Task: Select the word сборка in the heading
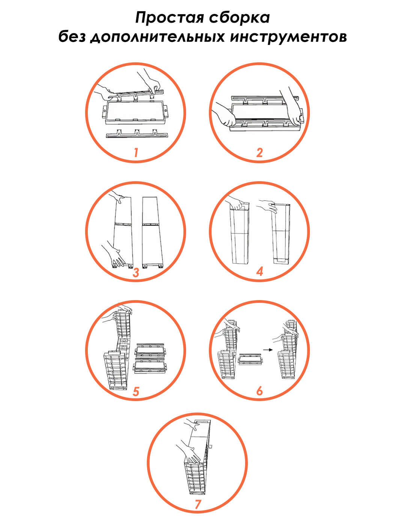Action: coord(240,18)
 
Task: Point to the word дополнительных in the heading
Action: coord(157,37)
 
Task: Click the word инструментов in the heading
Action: coord(289,37)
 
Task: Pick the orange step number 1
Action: coord(136,152)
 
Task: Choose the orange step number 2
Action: coord(260,153)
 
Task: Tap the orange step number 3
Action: coord(136,272)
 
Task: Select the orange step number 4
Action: coord(260,271)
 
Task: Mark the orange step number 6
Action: coord(260,391)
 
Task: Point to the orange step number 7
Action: coord(198,505)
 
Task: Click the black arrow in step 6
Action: coord(268,350)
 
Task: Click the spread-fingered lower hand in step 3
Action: coord(113,255)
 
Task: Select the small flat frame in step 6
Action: coord(251,360)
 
